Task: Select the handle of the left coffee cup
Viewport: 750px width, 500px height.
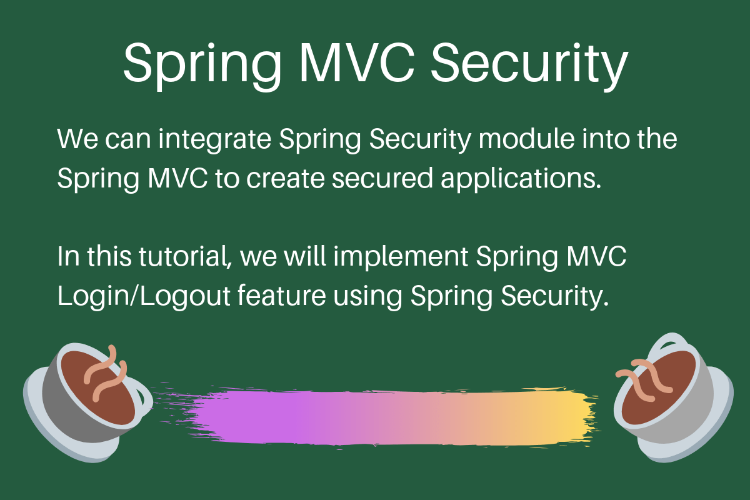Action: (x=144, y=400)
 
